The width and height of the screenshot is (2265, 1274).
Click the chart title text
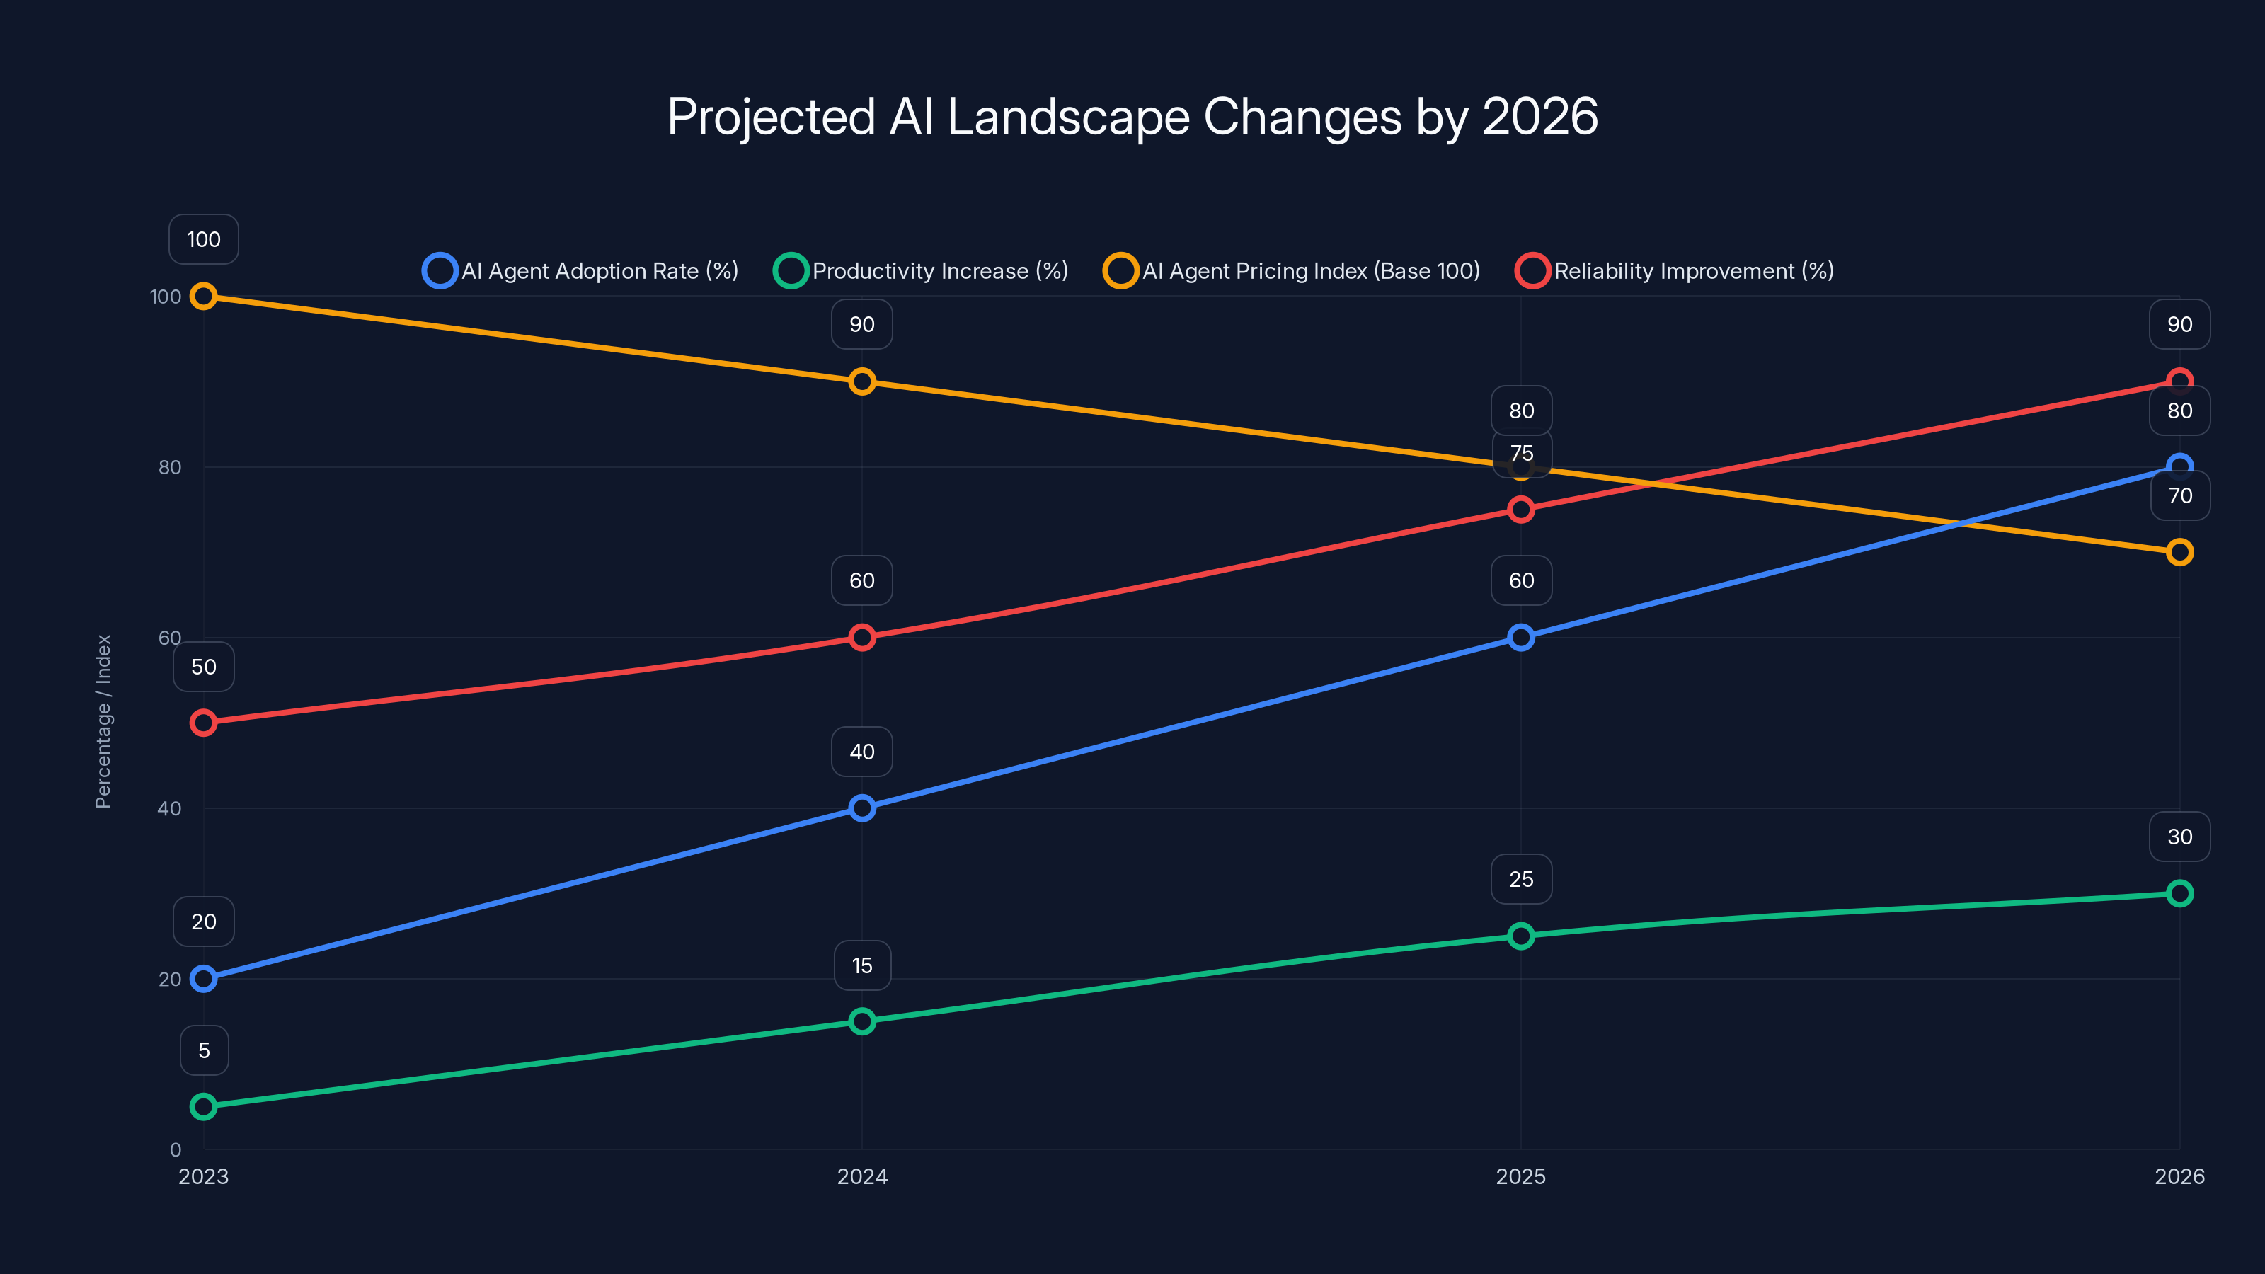1132,117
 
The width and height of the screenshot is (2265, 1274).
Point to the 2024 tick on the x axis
861,1176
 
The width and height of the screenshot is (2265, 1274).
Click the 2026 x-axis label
2179,1176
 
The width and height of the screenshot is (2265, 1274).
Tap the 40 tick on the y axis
169,808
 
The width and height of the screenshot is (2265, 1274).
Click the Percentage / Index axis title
103,721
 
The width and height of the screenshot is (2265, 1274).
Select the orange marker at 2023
203,297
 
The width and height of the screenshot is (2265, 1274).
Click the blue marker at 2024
861,808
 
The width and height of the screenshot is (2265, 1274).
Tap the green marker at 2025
1520,936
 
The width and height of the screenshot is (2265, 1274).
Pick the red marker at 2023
203,723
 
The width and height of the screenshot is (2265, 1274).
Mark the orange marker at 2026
2179,552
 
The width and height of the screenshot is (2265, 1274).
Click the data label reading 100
203,239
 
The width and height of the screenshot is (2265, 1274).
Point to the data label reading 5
204,1050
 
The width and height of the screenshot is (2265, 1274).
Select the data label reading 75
1521,454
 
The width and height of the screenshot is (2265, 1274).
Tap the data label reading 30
2179,836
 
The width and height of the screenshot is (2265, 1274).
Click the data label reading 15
861,965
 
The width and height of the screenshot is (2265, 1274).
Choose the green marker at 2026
2179,893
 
